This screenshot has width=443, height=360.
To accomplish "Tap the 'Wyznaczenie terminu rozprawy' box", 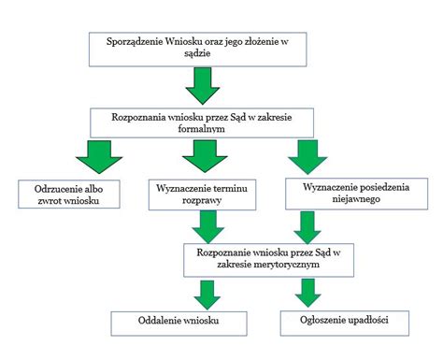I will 203,193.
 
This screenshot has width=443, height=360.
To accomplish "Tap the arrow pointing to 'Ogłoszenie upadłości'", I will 307,294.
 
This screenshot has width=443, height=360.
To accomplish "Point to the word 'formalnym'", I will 203,131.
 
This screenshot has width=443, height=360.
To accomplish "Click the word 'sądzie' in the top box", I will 196,55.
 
